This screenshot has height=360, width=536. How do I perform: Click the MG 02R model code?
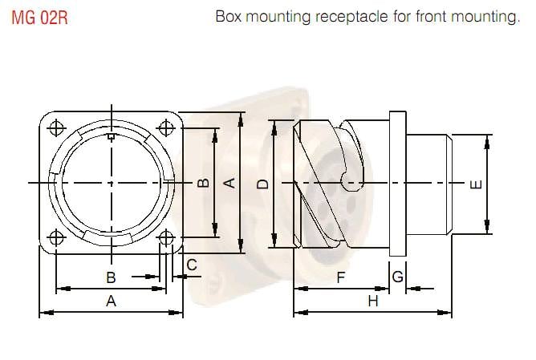(39, 18)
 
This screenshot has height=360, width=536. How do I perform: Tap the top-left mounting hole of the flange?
(57, 128)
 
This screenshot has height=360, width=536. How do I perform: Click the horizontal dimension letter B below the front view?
(112, 277)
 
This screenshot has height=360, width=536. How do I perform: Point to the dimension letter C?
(192, 265)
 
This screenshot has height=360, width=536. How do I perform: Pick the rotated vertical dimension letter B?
(204, 183)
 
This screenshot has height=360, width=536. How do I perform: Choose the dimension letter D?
(262, 184)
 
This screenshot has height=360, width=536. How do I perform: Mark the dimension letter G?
(398, 277)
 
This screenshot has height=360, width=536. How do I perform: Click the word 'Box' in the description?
(229, 17)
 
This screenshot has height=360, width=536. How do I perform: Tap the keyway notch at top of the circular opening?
(112, 139)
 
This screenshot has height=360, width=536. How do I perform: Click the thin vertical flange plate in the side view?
(397, 184)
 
